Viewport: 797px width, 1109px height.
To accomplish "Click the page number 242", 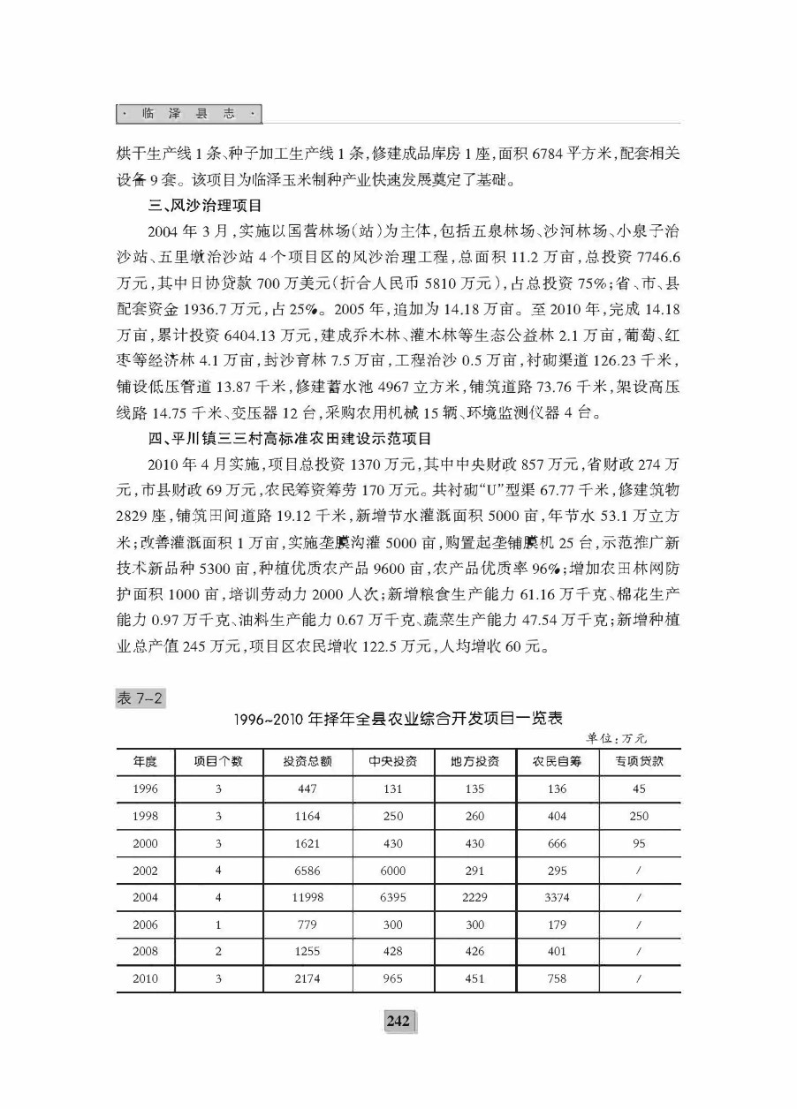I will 398,1021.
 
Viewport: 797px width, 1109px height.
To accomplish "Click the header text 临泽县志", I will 190,114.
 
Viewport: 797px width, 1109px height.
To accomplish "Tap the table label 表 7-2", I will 140,698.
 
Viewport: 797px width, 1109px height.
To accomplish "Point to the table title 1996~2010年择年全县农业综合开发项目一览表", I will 398,718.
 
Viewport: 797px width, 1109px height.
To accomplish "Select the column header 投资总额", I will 307,762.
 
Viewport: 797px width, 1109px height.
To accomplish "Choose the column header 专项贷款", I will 639,762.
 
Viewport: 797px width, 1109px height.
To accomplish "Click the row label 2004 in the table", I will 146,898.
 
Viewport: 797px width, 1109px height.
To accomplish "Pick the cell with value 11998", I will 307,898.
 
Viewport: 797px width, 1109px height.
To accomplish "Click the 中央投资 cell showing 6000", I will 393,871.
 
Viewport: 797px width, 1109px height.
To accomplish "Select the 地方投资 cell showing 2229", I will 474,898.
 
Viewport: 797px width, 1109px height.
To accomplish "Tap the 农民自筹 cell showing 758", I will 557,979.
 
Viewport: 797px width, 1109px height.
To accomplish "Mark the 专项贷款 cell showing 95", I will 639,843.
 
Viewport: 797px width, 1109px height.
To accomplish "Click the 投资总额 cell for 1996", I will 307,789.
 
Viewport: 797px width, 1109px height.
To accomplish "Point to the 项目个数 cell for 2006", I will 217,925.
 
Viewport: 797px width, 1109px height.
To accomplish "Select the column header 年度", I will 146,762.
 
